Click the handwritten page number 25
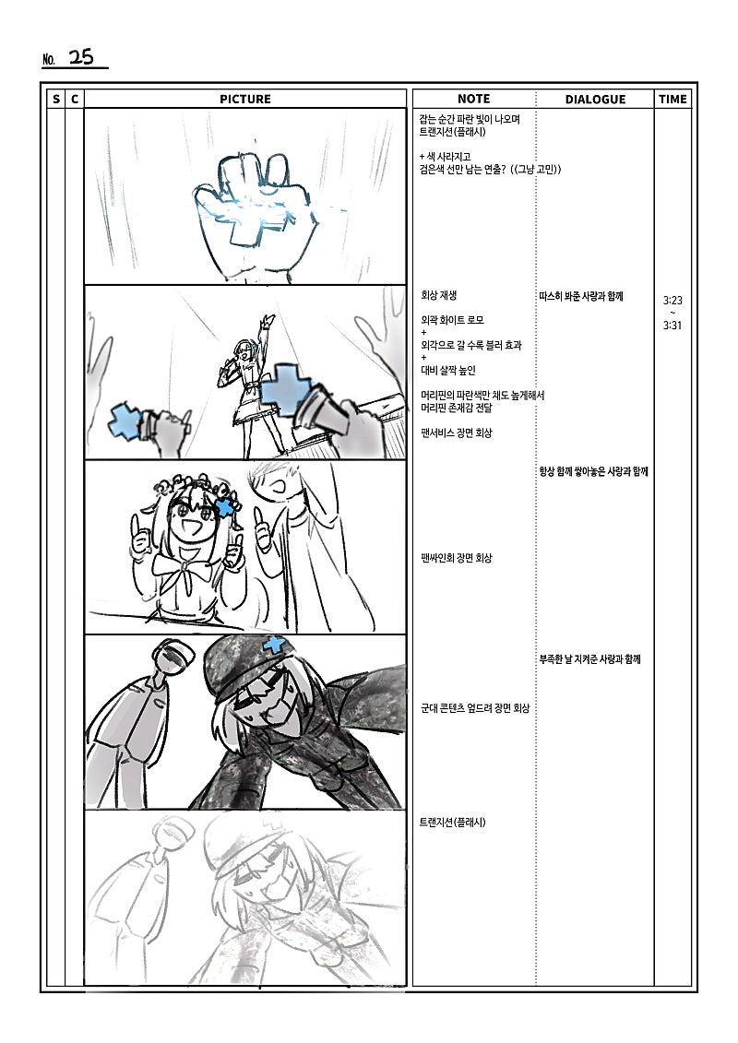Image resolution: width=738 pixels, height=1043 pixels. (x=81, y=57)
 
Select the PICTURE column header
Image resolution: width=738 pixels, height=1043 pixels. (x=244, y=99)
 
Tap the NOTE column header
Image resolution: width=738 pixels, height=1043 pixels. (x=474, y=99)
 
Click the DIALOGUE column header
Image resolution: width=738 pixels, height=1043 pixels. (x=595, y=99)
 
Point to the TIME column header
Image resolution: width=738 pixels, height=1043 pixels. (x=673, y=99)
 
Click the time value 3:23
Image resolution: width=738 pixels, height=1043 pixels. (x=673, y=300)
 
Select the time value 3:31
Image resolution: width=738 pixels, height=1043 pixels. (x=673, y=326)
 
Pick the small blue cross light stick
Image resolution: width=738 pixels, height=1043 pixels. (x=127, y=421)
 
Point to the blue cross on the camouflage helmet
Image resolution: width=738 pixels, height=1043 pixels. (x=273, y=644)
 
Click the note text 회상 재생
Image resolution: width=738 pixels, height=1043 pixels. (x=438, y=295)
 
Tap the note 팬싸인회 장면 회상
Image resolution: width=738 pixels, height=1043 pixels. (x=457, y=558)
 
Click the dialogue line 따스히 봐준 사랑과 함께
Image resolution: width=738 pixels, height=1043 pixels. (x=581, y=296)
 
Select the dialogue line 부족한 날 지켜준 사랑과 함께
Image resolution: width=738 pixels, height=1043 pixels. (x=589, y=659)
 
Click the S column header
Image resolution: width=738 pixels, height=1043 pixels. (x=56, y=99)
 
